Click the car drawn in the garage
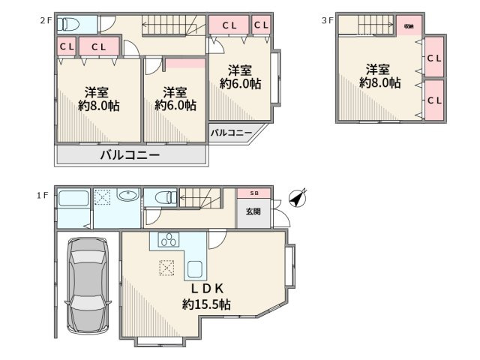tap(88, 286)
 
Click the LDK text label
tap(205, 288)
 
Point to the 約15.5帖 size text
tap(205, 304)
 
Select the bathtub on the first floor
tap(73, 200)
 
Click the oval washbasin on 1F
tap(128, 197)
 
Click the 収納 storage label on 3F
tap(409, 25)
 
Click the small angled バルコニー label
tap(231, 133)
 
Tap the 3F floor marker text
tap(327, 21)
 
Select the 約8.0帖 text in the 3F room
tap(379, 83)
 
